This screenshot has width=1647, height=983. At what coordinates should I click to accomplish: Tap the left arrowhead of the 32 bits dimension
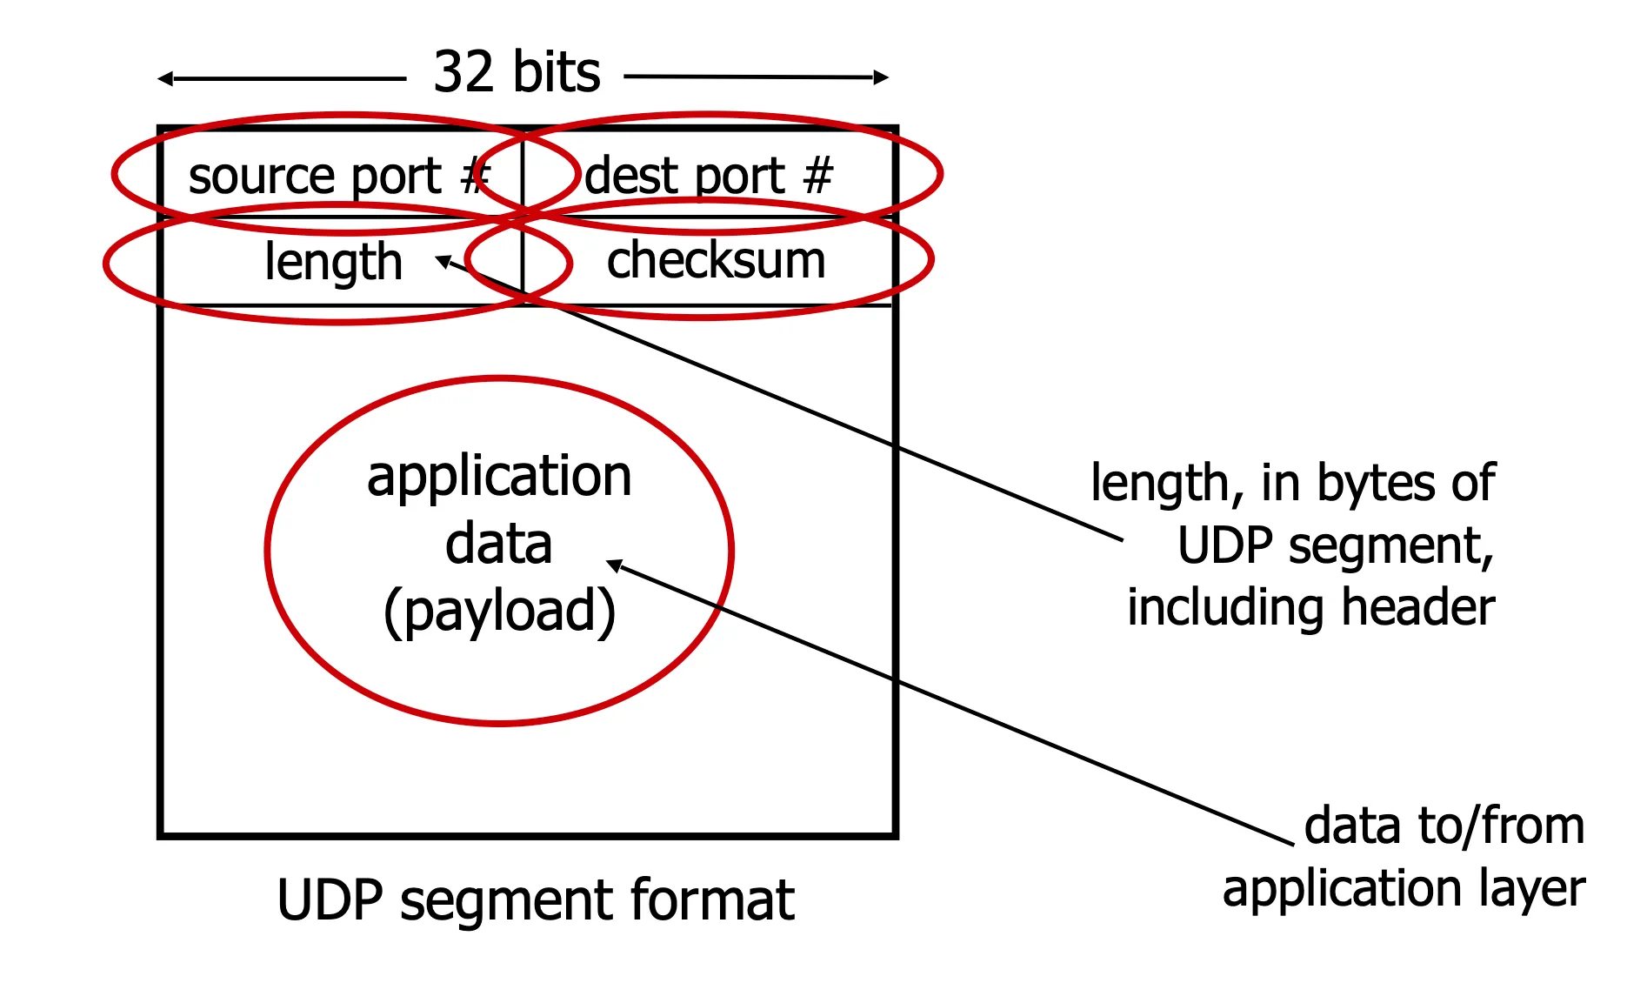[x=164, y=79]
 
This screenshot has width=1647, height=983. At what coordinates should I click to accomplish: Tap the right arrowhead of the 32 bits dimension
[x=882, y=77]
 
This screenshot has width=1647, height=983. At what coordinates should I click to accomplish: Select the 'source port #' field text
[x=339, y=177]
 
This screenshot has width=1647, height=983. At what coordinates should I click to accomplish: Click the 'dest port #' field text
[x=708, y=177]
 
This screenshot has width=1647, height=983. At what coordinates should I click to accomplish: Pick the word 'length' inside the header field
[x=333, y=262]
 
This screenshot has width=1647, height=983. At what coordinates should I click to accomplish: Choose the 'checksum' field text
[x=716, y=260]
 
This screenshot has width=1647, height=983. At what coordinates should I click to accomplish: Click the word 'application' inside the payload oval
[x=499, y=478]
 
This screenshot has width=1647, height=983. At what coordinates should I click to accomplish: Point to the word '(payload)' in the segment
[x=499, y=611]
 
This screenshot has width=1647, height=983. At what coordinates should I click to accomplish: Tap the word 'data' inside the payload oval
[x=498, y=545]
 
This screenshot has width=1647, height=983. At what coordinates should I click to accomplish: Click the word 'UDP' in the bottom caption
[x=329, y=900]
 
